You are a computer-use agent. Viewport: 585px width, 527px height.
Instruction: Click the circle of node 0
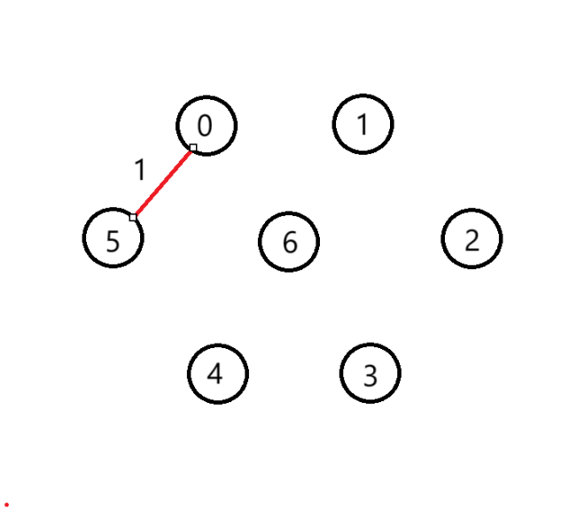(x=207, y=125)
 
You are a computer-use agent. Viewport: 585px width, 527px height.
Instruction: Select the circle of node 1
(x=363, y=124)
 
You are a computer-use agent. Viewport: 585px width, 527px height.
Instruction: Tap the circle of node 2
(x=472, y=238)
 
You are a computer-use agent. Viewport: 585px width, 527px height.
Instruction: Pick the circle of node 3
(x=370, y=374)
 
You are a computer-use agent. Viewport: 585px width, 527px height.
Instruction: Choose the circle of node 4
(x=217, y=374)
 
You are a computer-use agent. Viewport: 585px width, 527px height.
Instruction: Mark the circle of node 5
(x=113, y=238)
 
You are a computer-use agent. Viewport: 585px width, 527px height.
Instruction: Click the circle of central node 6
(x=289, y=242)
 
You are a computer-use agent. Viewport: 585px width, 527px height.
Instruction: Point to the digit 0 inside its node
(x=205, y=126)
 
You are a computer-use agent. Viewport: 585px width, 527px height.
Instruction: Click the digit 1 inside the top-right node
(x=362, y=125)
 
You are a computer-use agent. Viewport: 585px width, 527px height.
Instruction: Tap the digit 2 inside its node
(x=472, y=239)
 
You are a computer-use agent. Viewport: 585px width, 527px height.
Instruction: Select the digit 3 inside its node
(x=370, y=376)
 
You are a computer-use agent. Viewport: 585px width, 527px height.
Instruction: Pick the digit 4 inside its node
(x=214, y=374)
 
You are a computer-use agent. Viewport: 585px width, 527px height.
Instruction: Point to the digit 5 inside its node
(x=113, y=241)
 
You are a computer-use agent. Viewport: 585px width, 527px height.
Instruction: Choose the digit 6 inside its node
(x=289, y=242)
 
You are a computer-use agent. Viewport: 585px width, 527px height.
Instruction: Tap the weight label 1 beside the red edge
(x=138, y=169)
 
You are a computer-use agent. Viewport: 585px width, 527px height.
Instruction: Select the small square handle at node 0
(x=193, y=147)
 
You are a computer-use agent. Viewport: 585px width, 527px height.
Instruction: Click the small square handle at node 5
(x=133, y=217)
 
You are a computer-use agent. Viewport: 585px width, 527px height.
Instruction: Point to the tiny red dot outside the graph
(x=6, y=504)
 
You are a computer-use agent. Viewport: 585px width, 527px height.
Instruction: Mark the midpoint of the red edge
(x=163, y=182)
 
